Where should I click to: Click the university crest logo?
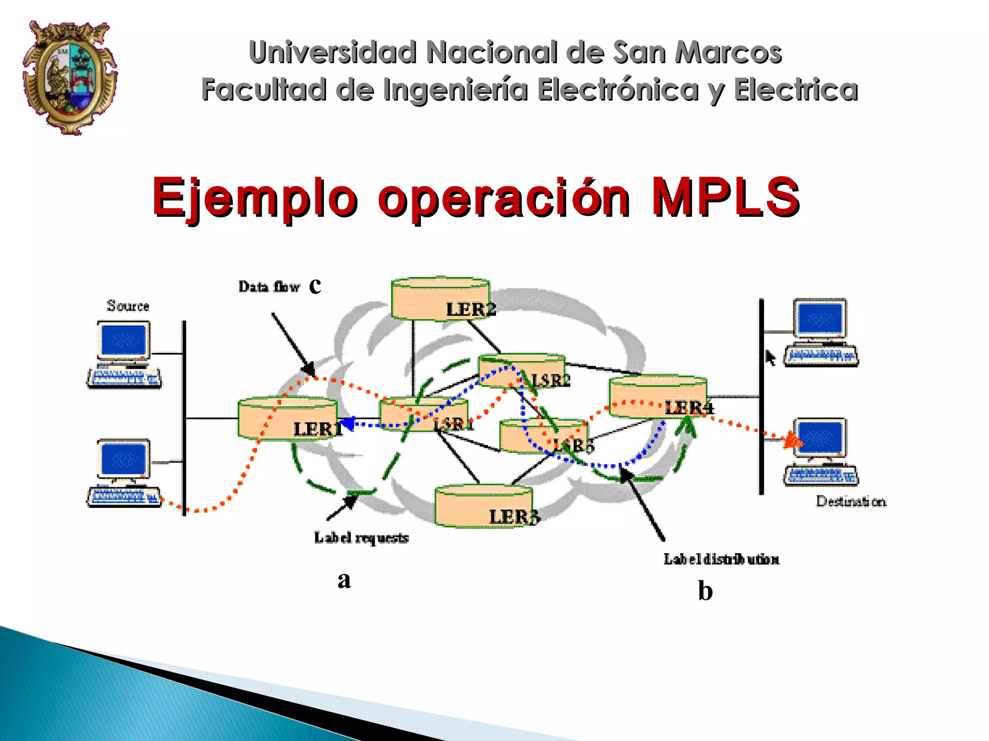[x=70, y=77]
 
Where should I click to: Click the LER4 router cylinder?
[x=658, y=397]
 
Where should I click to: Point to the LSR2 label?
[x=551, y=380]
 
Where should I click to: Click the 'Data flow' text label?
[x=269, y=287]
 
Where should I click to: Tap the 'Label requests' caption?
[x=361, y=538]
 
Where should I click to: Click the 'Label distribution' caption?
[x=721, y=559]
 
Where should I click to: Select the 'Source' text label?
[x=128, y=306]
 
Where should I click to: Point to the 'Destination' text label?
[x=851, y=502]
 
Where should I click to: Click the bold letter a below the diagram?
[x=344, y=579]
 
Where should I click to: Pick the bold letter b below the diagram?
[x=705, y=591]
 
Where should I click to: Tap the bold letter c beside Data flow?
[x=315, y=285]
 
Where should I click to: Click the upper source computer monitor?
[x=124, y=339]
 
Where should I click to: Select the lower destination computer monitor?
[x=820, y=437]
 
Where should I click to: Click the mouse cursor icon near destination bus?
[x=770, y=358]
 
